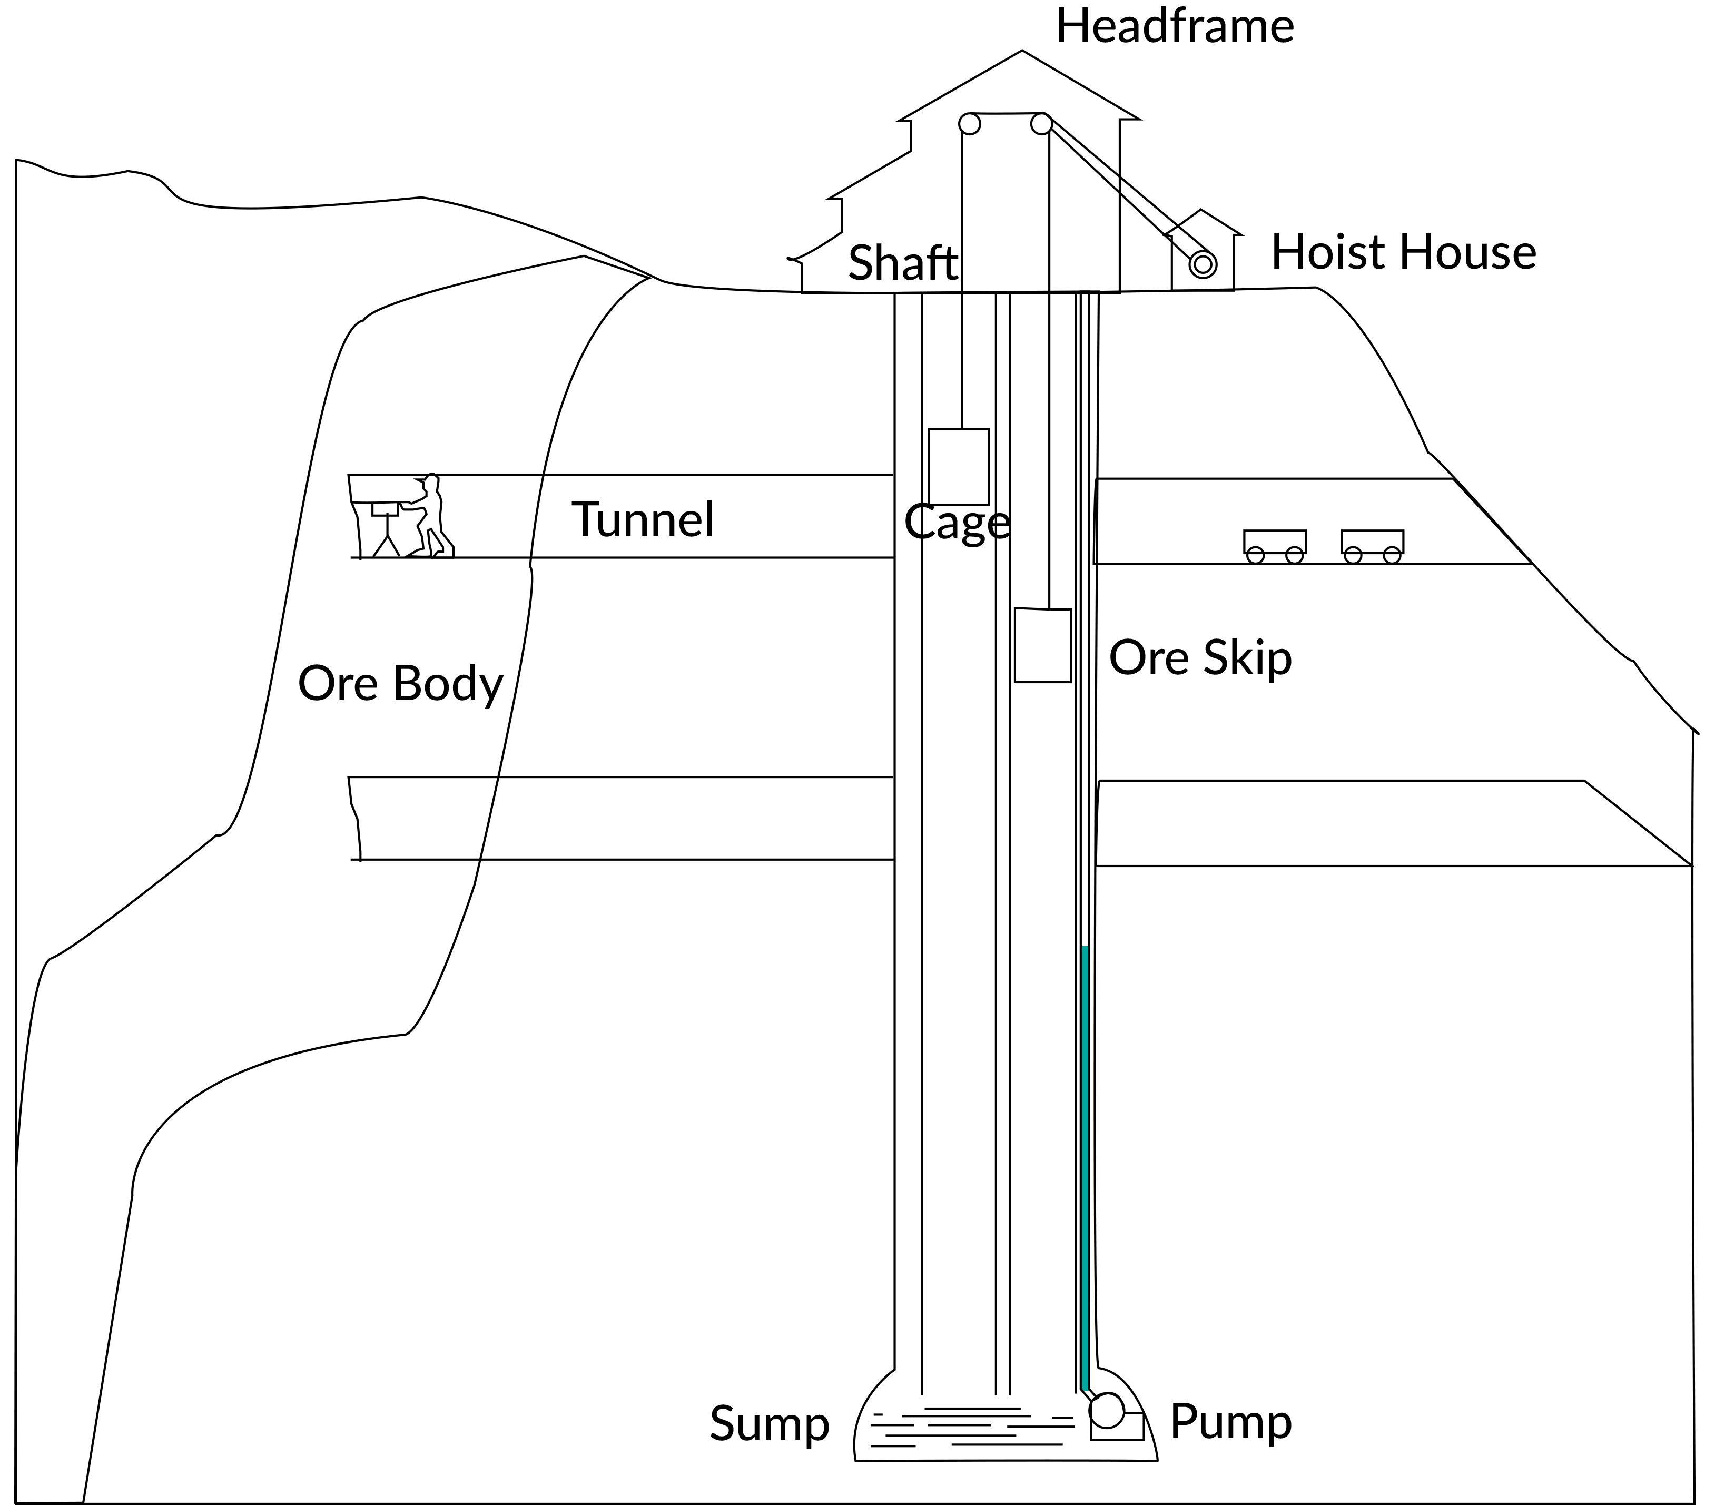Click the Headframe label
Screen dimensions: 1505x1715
tap(1174, 27)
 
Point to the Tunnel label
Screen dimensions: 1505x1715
tap(643, 519)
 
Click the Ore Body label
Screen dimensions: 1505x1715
tap(400, 684)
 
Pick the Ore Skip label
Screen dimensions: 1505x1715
tap(1200, 658)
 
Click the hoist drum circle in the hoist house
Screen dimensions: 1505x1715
tap(1203, 264)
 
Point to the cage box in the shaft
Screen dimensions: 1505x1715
tap(958, 467)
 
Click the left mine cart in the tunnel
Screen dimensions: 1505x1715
tap(1275, 544)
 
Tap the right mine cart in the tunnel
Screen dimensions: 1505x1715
tap(1372, 544)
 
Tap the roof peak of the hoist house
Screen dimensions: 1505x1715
tap(1201, 211)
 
